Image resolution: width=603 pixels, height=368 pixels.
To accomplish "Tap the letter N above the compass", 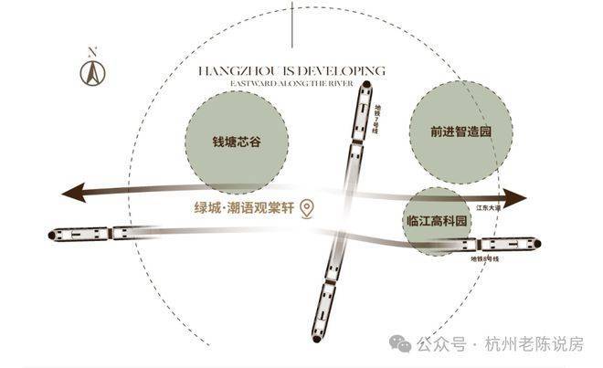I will pyautogui.click(x=91, y=51).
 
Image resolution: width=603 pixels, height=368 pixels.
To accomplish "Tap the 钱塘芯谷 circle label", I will pyautogui.click(x=237, y=142).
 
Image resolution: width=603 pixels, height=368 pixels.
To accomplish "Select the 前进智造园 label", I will pyautogui.click(x=461, y=131).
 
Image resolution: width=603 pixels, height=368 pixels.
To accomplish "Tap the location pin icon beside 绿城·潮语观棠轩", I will pyautogui.click(x=309, y=209).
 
